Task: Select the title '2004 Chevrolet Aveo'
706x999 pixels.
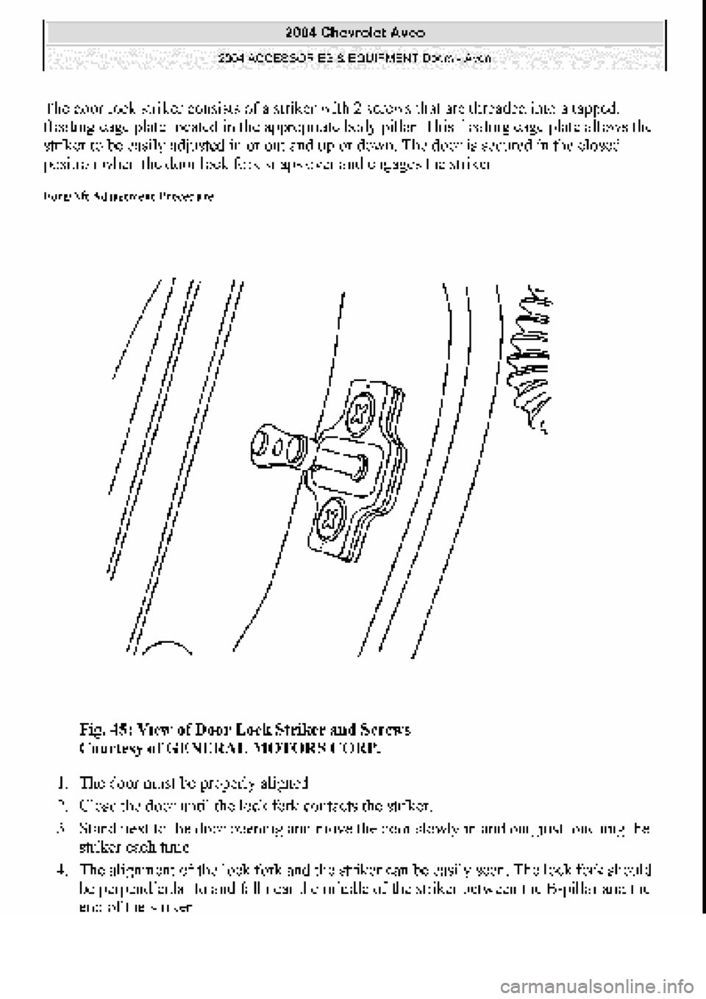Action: (x=354, y=32)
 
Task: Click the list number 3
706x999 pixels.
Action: (x=65, y=828)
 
